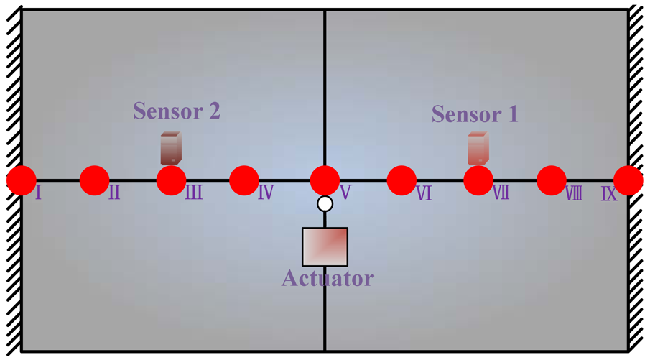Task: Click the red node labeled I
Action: coord(21,180)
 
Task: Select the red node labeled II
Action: coord(94,180)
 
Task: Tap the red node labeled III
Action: coord(171,180)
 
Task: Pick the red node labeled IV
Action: coord(244,180)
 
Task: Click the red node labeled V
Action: coord(325,180)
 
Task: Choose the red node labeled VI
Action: coord(401,180)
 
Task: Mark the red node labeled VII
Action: coord(478,180)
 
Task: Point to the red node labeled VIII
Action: coord(552,180)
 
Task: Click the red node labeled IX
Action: coord(628,180)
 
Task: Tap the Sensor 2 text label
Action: coord(177,111)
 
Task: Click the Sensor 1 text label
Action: coord(474,114)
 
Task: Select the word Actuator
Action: coord(328,277)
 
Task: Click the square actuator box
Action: coord(325,246)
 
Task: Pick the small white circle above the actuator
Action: coord(325,203)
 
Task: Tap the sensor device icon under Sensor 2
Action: coord(171,148)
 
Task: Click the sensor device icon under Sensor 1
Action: coord(478,148)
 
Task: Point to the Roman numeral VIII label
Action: coord(573,193)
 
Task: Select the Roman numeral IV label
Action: coord(265,193)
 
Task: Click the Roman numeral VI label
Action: coord(424,193)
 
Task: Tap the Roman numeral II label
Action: coord(114,193)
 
